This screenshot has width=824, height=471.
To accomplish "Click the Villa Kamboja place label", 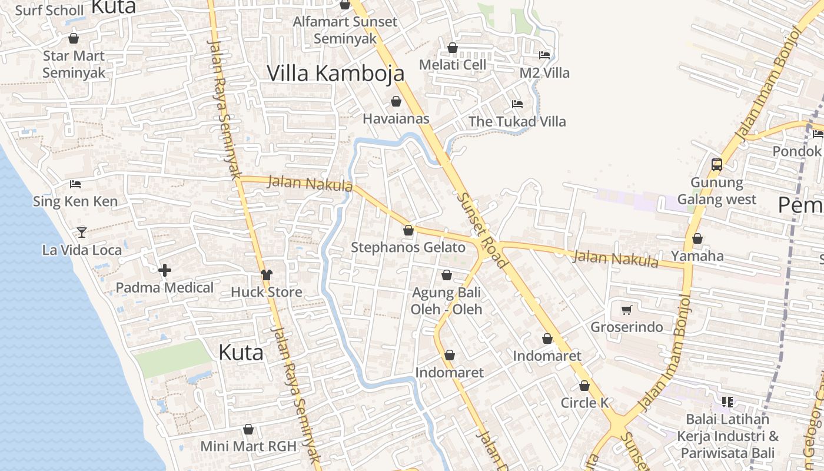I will click(335, 73).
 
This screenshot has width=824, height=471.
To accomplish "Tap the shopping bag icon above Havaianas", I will click(396, 101).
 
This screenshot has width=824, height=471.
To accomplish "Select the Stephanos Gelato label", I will click(408, 248).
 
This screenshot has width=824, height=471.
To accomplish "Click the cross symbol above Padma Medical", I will click(165, 270).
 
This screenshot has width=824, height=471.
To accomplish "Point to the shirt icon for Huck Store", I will click(267, 274).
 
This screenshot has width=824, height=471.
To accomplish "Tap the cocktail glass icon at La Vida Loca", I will click(82, 233).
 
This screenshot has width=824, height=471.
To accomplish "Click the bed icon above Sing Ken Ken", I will click(75, 184).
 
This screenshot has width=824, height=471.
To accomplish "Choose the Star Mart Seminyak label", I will click(74, 64).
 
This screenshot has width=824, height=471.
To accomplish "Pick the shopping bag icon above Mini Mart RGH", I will click(248, 429).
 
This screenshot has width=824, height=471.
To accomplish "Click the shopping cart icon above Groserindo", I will click(626, 310).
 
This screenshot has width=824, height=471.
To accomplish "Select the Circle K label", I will click(584, 403).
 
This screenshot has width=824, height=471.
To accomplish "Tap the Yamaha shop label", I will click(697, 256).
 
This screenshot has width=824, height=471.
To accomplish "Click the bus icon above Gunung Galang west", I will click(716, 164).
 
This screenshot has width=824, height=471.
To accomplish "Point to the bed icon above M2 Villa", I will click(544, 55).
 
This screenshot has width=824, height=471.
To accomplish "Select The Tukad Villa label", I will click(517, 122).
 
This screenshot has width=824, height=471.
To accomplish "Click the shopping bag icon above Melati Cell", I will click(453, 48).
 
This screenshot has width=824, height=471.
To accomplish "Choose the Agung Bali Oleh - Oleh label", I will click(446, 301).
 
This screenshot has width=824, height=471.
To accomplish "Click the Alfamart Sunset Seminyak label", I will click(345, 30).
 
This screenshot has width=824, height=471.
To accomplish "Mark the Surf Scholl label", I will click(49, 11).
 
